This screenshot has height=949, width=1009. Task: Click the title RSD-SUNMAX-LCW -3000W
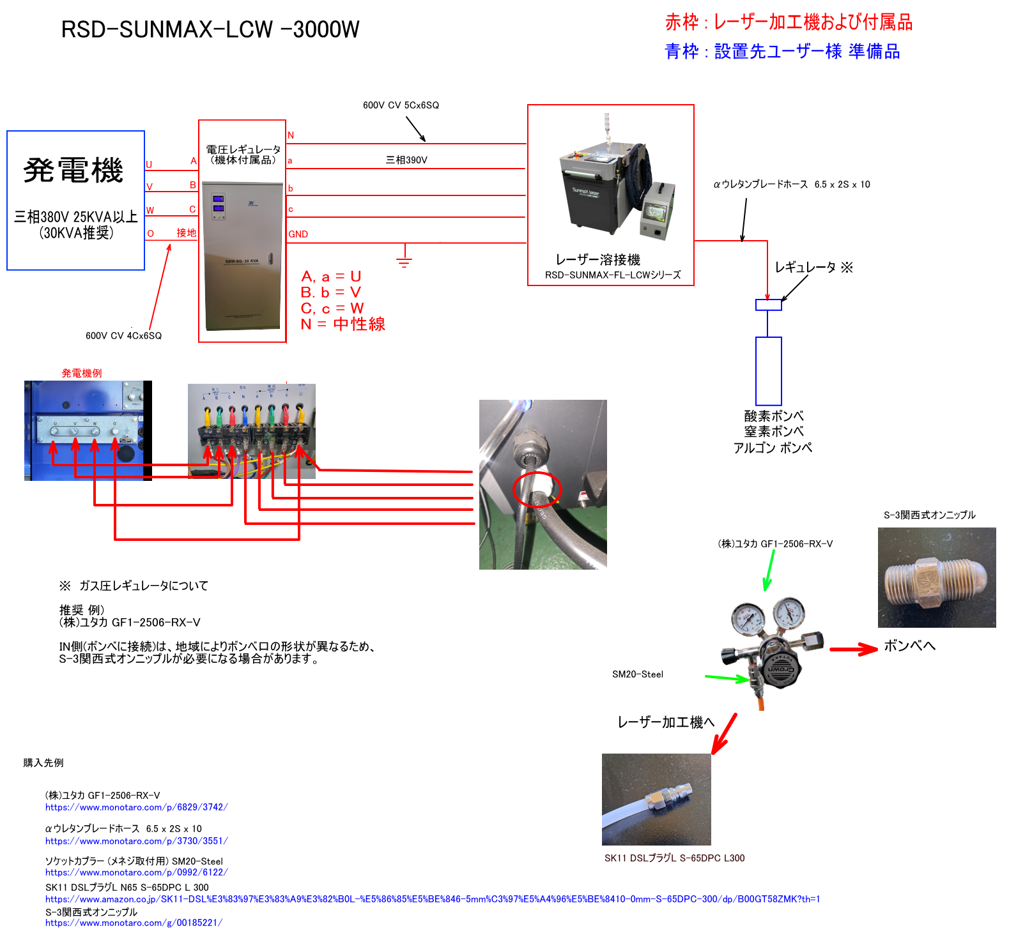coord(210,29)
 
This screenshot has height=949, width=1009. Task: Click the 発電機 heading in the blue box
coord(73,171)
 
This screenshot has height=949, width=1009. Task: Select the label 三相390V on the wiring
coord(406,160)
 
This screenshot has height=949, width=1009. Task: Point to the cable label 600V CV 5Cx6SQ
coord(401,105)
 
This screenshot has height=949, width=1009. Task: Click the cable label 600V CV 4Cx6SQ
coord(123,336)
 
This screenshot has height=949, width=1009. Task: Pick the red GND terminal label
coord(298,234)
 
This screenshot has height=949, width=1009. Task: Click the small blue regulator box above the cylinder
coord(768,305)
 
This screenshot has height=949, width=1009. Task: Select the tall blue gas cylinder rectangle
coord(768,371)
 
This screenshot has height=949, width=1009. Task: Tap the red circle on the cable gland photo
coord(537,490)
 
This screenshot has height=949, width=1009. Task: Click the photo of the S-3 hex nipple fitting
coord(936,577)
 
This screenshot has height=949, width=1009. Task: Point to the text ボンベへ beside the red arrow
coord(909,646)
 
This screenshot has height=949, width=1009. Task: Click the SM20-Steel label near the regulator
coord(638,674)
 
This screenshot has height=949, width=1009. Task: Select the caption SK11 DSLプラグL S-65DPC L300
coord(674,858)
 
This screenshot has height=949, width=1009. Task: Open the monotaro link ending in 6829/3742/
coord(136,807)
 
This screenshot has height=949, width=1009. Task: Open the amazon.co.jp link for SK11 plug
coord(432,899)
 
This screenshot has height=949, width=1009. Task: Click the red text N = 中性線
coord(343,324)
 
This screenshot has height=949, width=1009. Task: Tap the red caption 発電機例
coord(82,374)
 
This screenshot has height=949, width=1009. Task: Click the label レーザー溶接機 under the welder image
coord(597,260)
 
